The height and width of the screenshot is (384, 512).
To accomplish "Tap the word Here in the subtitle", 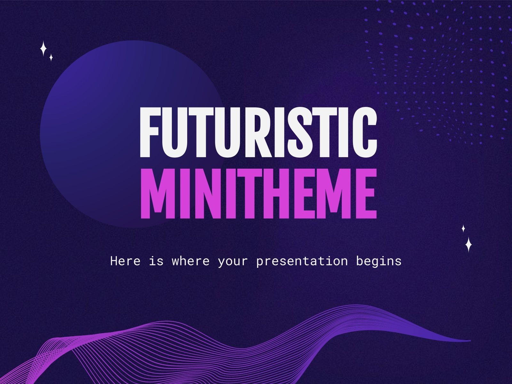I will tap(125, 261).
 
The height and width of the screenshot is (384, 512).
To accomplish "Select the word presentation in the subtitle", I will tap(302, 261).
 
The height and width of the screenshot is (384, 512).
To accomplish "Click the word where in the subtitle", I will tap(190, 261).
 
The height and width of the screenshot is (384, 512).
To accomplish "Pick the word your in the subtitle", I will tap(233, 261).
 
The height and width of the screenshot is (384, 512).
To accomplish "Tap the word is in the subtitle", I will tap(156, 261).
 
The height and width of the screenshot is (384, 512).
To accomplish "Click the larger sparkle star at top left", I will tap(43, 49).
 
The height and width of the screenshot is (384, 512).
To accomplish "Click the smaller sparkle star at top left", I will tap(51, 58).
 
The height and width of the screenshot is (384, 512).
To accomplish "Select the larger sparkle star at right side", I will tap(468, 244).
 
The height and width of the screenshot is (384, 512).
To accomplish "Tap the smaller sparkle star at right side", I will tap(463, 228).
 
